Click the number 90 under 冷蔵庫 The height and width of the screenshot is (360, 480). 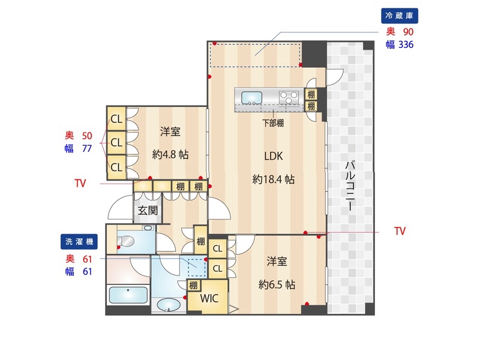407,31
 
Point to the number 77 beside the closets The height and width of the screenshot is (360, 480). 86,148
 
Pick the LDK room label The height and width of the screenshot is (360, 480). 273,156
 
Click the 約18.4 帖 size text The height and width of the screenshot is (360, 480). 273,179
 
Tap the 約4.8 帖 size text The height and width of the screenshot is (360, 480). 170,154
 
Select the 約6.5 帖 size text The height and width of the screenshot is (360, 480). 277,284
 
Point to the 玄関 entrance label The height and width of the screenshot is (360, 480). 148,210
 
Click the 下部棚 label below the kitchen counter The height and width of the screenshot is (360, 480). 273,123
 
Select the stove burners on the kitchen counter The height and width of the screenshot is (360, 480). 289,96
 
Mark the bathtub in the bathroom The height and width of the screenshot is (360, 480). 127,296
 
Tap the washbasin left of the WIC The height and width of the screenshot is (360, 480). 169,305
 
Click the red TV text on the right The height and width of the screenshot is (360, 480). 401,230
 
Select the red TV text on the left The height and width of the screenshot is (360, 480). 80,182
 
